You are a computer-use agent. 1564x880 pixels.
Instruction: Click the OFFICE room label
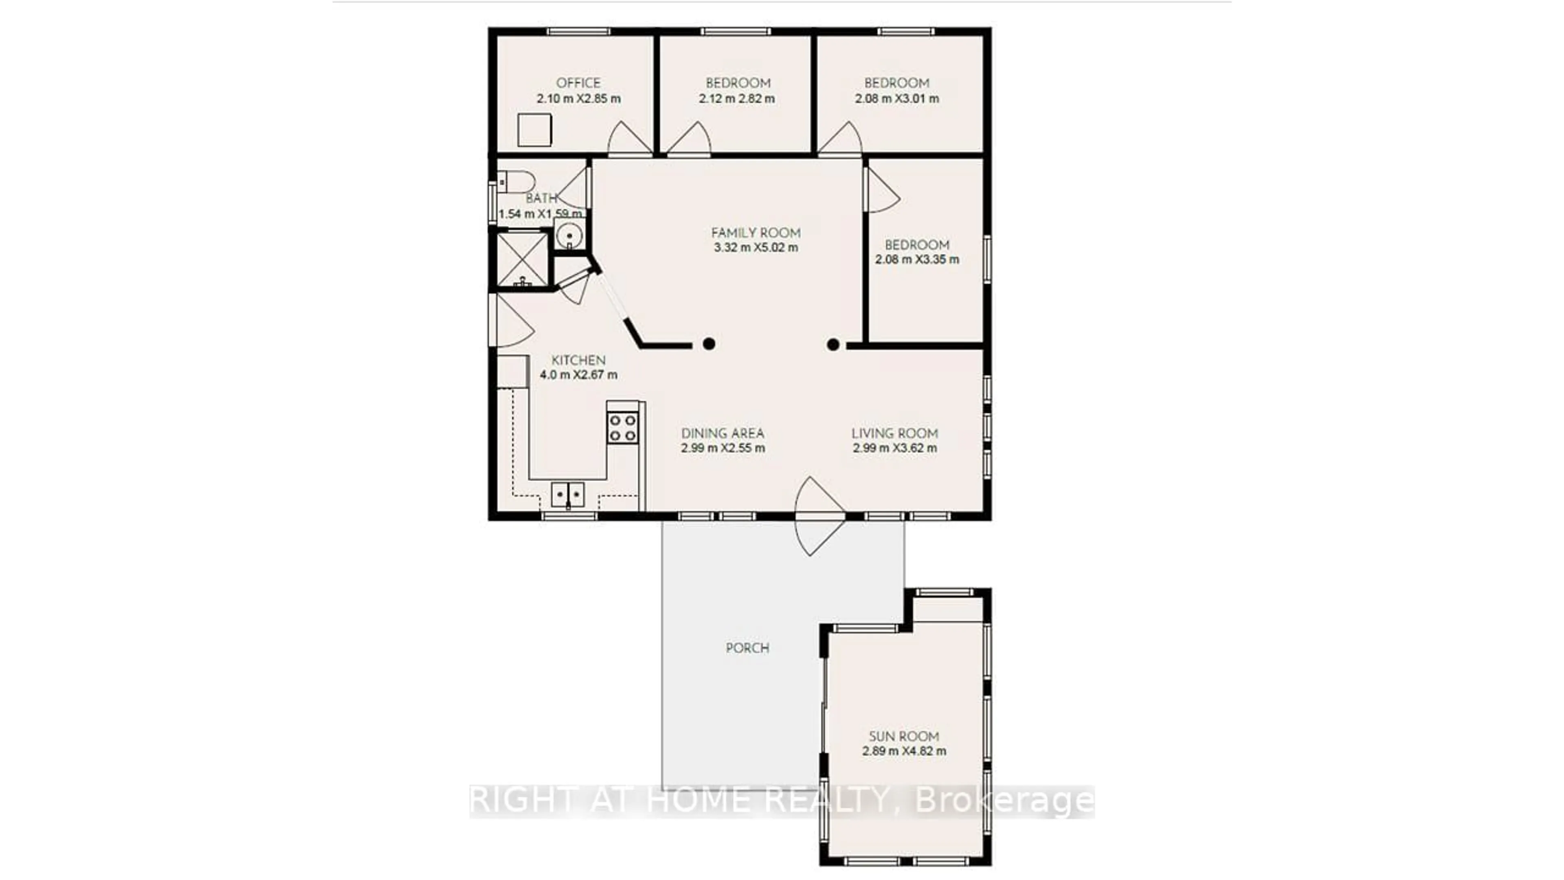[x=578, y=83]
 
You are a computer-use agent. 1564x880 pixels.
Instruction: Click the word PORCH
[x=747, y=648]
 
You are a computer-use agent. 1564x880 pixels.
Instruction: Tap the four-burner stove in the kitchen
[x=622, y=427]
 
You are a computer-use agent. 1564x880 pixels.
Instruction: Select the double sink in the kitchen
[x=568, y=494]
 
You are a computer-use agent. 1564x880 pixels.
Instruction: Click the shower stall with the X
[x=522, y=260]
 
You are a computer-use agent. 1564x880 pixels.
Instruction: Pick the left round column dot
[x=709, y=344]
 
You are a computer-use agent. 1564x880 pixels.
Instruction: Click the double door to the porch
[x=819, y=516]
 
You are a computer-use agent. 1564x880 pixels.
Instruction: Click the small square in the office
[x=534, y=130]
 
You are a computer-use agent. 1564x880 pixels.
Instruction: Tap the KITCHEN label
[x=578, y=360]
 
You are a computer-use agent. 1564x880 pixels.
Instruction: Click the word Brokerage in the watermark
[x=1004, y=801]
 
